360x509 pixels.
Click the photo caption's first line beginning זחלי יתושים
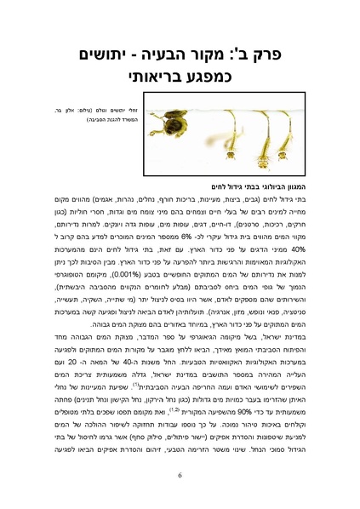click(77, 114)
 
